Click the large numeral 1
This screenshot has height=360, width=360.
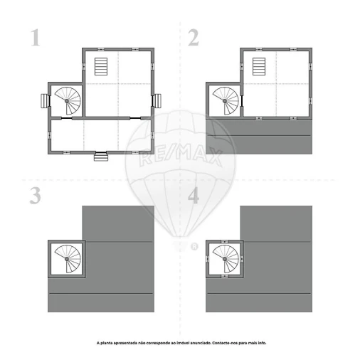(36, 37)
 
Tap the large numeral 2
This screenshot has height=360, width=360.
(194, 37)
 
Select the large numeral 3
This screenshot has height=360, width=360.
(35, 196)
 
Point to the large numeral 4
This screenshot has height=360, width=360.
(194, 196)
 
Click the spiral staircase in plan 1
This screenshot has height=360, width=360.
(68, 101)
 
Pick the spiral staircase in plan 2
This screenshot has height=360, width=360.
(226, 101)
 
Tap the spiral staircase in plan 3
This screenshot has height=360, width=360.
(68, 259)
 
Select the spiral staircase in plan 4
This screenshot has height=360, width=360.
(226, 259)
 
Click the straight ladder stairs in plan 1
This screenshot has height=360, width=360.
(101, 67)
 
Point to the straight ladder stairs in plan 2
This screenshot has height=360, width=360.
(259, 67)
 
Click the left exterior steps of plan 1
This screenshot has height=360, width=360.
(44, 101)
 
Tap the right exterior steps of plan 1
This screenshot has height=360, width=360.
(157, 101)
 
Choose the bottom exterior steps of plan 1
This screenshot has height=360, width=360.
(101, 157)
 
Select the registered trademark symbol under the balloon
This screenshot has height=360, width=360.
(194, 247)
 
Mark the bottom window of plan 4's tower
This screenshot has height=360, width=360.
(224, 276)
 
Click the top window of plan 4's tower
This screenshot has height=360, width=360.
(224, 242)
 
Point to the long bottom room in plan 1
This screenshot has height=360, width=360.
(101, 135)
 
